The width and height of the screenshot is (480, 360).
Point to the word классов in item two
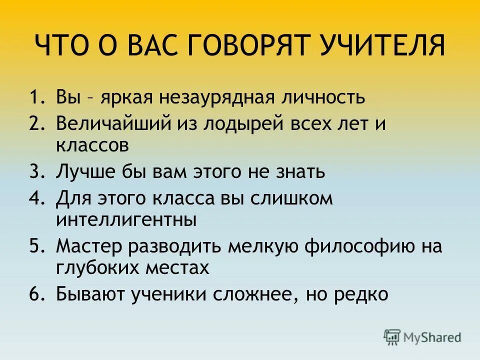[x=93, y=145]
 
